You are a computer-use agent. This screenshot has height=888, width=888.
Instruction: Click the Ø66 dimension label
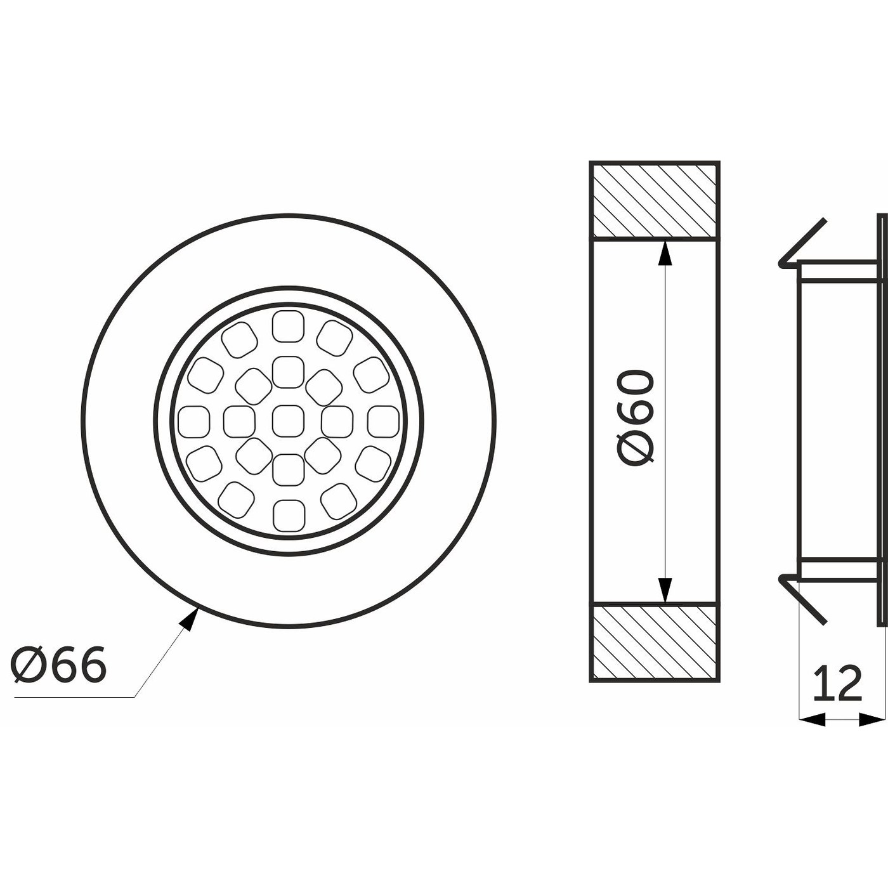[59, 665]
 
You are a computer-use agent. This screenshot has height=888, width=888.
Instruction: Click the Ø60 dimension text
[636, 419]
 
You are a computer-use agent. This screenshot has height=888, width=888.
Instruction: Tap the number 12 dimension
[837, 684]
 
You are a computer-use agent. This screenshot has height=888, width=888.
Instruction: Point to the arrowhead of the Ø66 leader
[189, 618]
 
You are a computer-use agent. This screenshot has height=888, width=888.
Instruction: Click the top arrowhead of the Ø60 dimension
[664, 253]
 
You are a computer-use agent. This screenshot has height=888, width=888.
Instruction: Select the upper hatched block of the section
[655, 200]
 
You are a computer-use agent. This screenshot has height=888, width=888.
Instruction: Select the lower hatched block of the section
[655, 642]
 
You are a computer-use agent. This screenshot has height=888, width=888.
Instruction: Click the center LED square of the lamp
[288, 421]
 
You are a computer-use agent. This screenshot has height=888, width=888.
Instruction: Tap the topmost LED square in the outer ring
[288, 326]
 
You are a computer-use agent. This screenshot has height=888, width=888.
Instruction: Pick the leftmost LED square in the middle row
[193, 421]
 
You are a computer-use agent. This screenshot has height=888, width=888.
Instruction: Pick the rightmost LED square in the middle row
[383, 421]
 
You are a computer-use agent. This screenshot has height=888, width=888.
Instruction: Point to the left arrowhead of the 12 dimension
[812, 719]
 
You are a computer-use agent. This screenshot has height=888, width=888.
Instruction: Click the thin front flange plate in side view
[882, 419]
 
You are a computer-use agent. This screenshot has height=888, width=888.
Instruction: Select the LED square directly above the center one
[288, 372]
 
